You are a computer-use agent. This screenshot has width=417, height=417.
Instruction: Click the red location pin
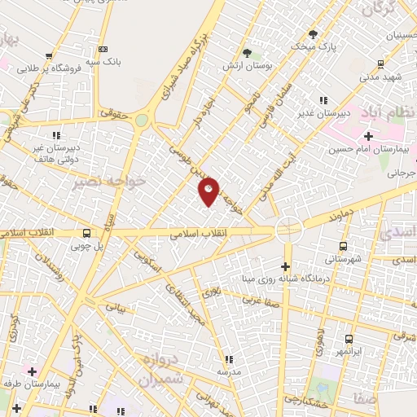pyautogui.click(x=209, y=191)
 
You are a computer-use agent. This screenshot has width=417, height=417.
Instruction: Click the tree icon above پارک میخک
pyautogui.click(x=313, y=34)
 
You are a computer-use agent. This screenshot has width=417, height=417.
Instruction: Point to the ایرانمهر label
pyautogui.click(x=348, y=350)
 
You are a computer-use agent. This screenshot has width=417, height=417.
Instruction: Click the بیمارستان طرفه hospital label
pyautogui.click(x=32, y=383)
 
